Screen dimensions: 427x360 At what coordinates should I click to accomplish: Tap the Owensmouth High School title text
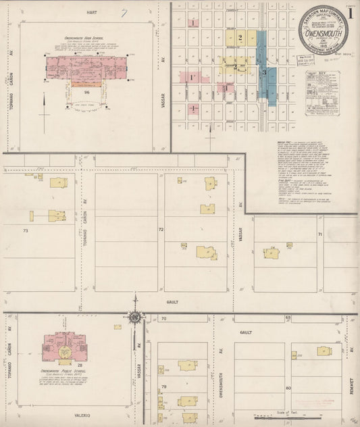85,39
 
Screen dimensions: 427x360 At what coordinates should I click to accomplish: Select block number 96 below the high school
87,91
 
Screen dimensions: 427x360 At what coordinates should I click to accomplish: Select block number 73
26,231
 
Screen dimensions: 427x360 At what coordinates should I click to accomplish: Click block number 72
161,230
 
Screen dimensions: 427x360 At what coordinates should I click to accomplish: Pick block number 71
319,234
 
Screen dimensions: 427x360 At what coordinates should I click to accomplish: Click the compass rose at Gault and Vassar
134,317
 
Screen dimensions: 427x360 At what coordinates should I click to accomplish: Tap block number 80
288,388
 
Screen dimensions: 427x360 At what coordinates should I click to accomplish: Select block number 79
164,386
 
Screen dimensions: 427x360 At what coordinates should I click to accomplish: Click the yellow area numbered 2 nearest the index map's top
240,35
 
